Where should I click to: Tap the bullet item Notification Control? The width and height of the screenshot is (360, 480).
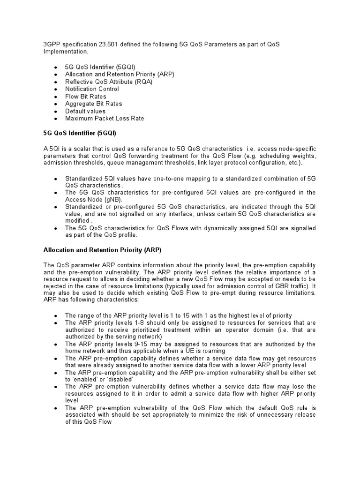(x=92, y=89)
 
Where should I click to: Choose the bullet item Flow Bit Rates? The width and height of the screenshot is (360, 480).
(x=86, y=96)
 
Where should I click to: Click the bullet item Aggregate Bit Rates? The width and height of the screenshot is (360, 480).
(x=93, y=104)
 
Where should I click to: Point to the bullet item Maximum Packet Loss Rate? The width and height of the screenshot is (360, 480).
(x=105, y=119)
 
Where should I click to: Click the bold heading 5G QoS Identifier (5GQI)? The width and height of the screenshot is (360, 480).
(x=82, y=134)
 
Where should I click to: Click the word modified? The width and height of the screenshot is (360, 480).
(x=77, y=221)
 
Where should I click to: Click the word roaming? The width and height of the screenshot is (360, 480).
(x=213, y=351)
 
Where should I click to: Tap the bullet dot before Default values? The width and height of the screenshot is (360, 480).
(x=56, y=112)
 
